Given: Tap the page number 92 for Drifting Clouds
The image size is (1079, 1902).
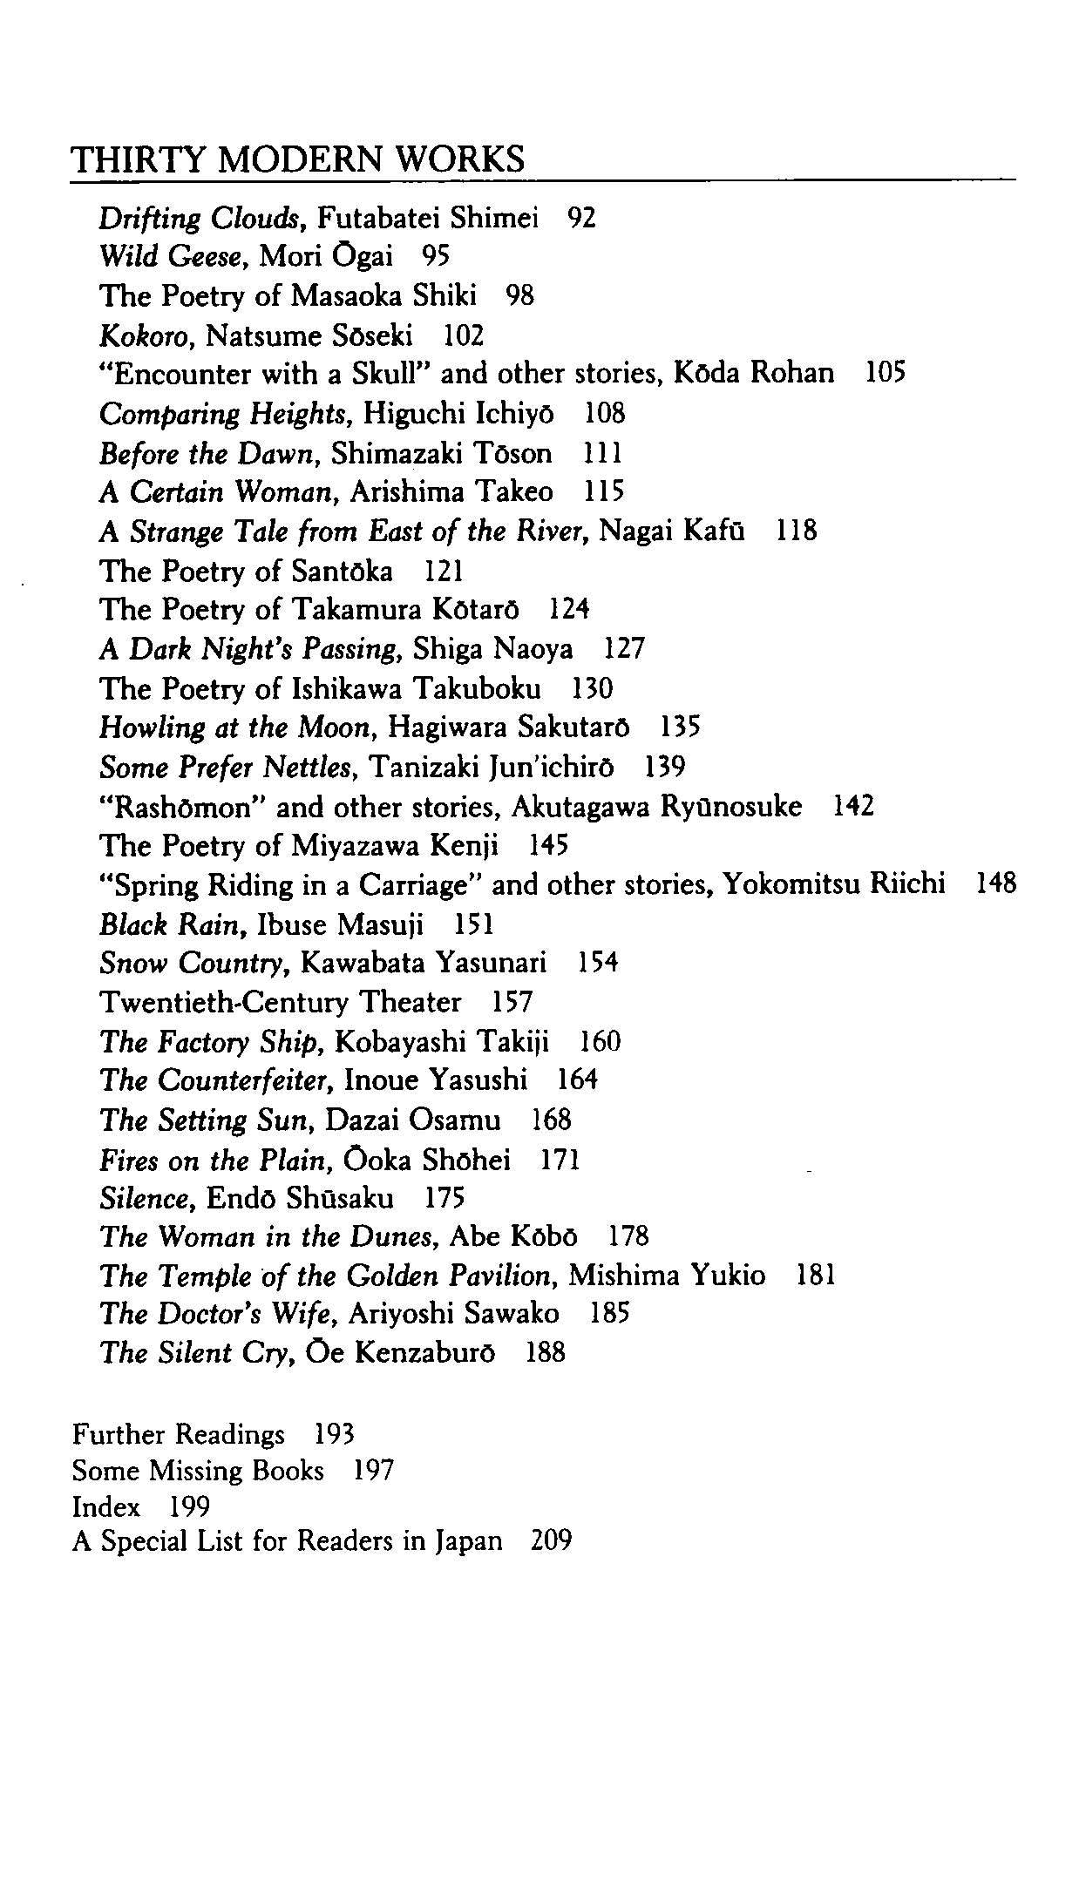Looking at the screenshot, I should tap(581, 218).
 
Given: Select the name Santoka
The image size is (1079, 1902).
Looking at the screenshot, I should tap(342, 572).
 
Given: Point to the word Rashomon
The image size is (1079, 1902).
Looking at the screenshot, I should tap(185, 808).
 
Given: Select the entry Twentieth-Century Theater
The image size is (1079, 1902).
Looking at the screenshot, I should tap(280, 1003).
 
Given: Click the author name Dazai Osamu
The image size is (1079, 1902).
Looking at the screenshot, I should tap(413, 1120).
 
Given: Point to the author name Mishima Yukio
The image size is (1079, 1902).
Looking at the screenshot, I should tap(667, 1277).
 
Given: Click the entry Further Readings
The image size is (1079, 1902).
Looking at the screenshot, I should tap(179, 1434).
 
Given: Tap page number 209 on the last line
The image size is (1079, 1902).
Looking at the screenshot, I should tap(551, 1541).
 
